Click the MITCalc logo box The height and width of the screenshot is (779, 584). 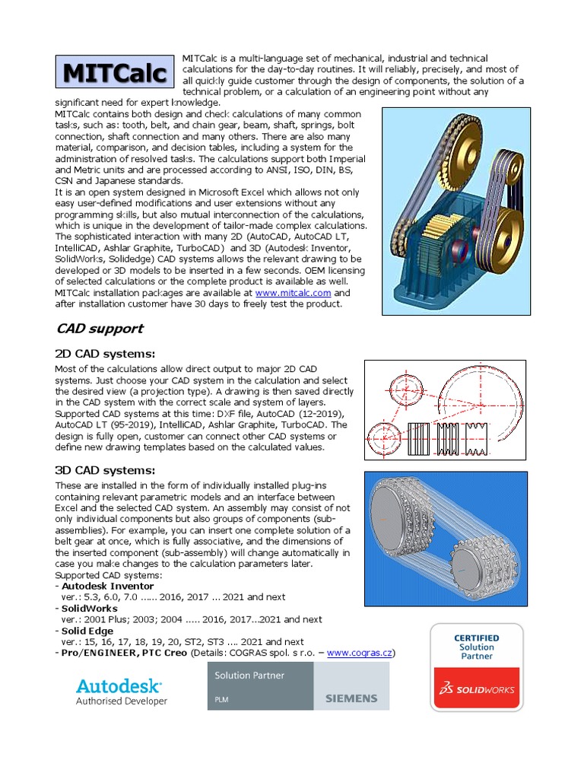coord(114,73)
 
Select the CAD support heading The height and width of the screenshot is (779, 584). coord(100,329)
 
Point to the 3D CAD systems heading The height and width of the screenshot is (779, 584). coord(105,470)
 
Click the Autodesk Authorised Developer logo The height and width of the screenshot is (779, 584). coord(122,691)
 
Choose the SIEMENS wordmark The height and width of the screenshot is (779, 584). coord(351,698)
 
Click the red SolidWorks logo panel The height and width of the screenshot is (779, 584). coord(477,689)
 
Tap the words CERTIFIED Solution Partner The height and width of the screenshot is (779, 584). coord(477,647)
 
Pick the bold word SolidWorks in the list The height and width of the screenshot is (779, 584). coord(90,609)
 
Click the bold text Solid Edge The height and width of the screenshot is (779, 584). coord(87,631)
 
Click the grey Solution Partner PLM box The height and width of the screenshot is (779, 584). coord(260,685)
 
